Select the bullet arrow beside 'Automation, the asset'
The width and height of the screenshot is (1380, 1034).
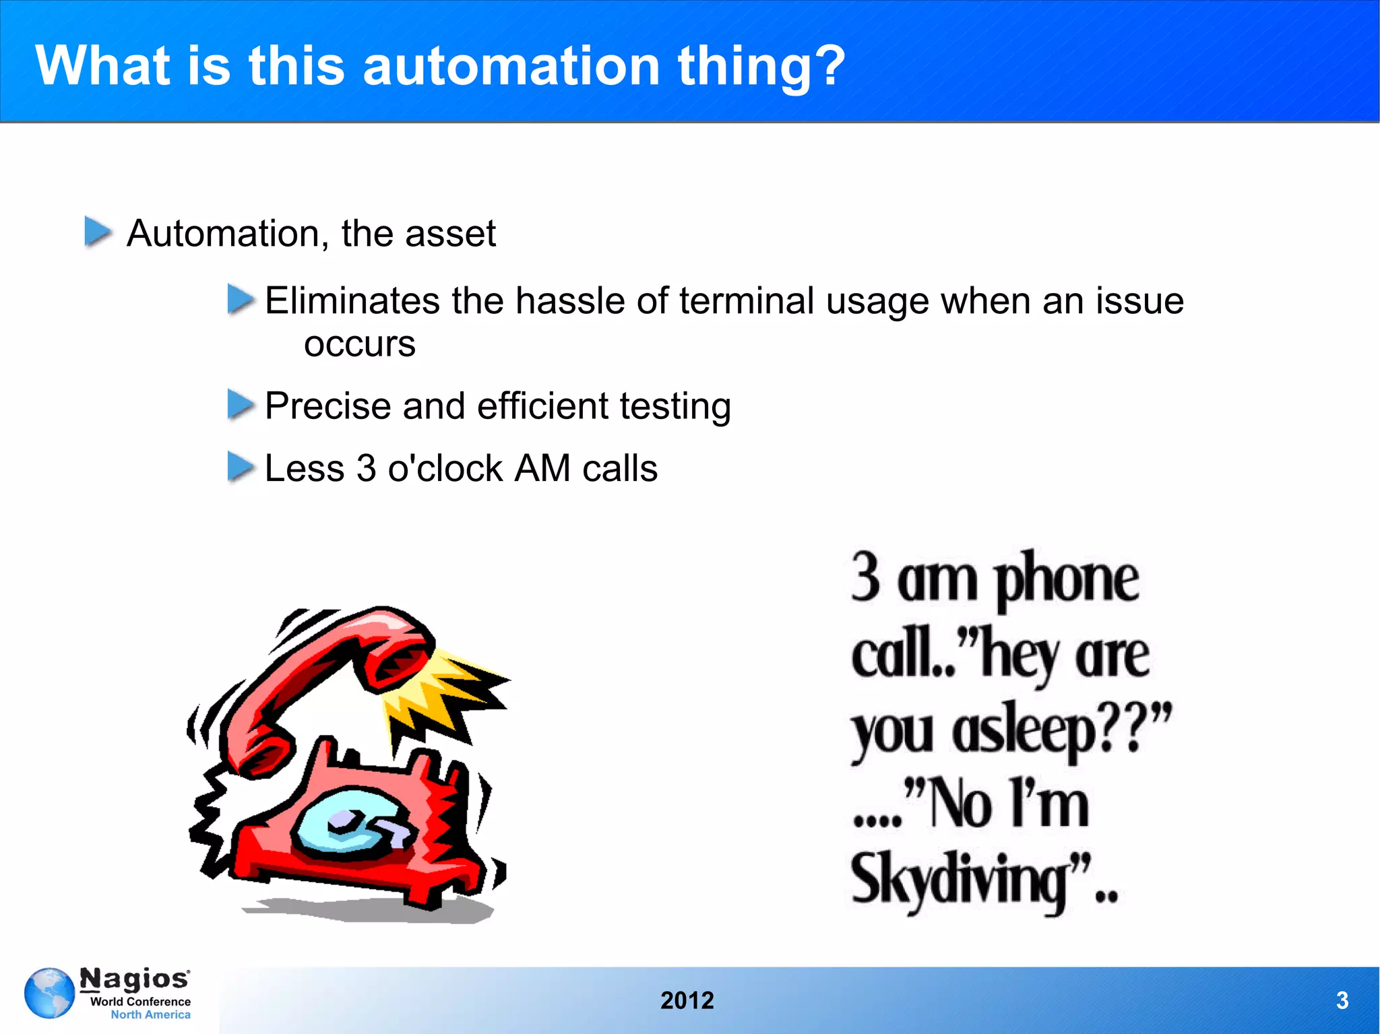[x=98, y=232]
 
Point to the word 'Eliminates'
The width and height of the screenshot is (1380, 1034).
[x=352, y=300]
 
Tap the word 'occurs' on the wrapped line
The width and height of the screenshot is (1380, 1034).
[x=360, y=344]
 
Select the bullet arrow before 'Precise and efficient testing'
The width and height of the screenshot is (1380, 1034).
[x=241, y=404]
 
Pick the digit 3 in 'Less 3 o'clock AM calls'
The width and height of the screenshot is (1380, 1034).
[x=366, y=469]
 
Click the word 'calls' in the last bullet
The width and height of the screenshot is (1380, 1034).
[x=619, y=469]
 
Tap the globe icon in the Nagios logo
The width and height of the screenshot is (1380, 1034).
[x=49, y=993]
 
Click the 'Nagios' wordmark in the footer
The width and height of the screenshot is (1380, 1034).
[x=135, y=978]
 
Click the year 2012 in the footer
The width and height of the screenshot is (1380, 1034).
[x=687, y=1000]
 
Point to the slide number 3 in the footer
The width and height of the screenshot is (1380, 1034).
[x=1342, y=1000]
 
